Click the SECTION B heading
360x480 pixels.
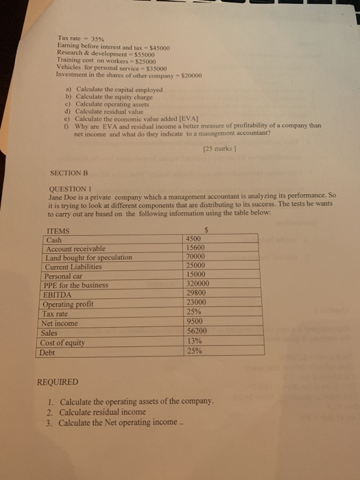(x=71, y=173)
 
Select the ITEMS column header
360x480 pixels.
(x=57, y=232)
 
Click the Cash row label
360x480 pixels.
(x=53, y=241)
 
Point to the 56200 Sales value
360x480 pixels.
(x=197, y=330)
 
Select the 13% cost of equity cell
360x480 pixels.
(x=194, y=341)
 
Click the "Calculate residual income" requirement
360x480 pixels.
(x=103, y=412)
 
